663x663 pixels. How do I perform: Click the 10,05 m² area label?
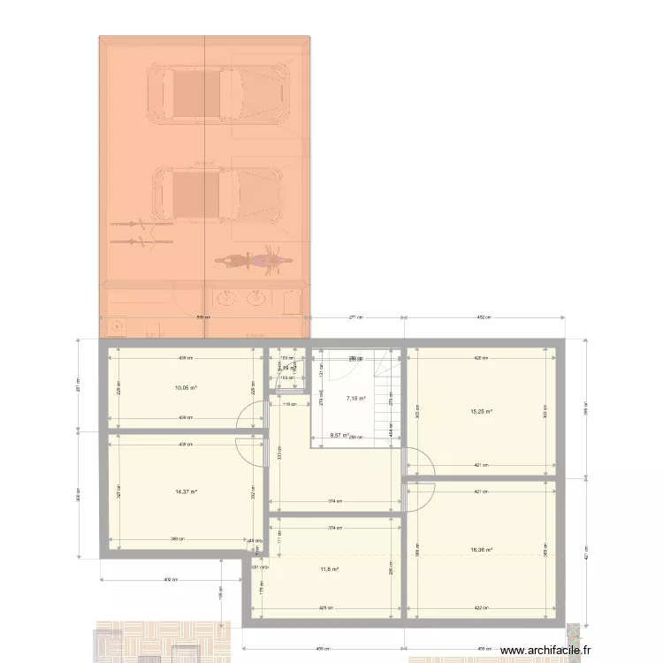[185, 387]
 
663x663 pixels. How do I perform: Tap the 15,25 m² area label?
[481, 411]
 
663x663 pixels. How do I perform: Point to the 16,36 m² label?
[481, 549]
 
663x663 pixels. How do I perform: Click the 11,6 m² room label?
[329, 569]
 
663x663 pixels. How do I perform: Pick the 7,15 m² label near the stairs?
[355, 399]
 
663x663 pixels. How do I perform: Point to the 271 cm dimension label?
[355, 317]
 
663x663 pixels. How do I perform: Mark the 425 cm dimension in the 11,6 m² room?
[326, 608]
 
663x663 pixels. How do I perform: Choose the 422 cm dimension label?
[481, 608]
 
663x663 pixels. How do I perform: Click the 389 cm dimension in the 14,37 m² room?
[178, 539]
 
